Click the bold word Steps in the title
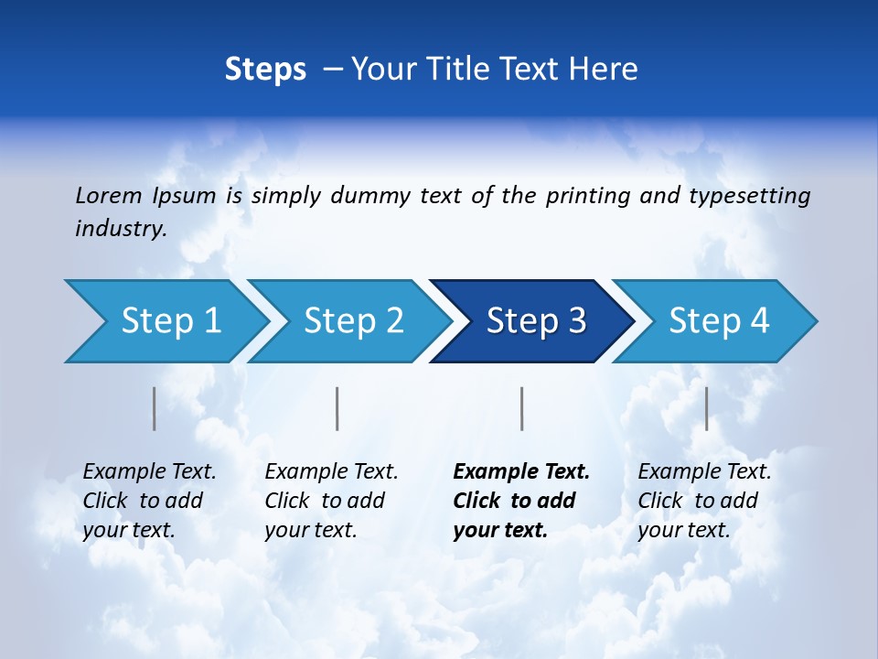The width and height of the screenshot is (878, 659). (265, 69)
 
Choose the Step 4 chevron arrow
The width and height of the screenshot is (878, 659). (719, 321)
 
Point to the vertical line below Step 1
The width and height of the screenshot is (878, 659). (155, 408)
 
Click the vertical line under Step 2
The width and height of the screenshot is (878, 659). (337, 408)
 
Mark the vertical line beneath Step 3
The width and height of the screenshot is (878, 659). (521, 408)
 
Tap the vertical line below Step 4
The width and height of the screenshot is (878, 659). (706, 408)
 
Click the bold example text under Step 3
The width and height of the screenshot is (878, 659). (520, 501)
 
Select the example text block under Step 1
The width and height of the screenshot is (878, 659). (149, 501)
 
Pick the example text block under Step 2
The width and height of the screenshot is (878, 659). (331, 501)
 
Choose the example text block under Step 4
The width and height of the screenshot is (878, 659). (704, 501)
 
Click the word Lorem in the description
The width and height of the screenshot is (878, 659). (108, 196)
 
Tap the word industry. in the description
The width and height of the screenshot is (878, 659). (121, 229)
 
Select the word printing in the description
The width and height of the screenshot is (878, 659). (588, 196)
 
